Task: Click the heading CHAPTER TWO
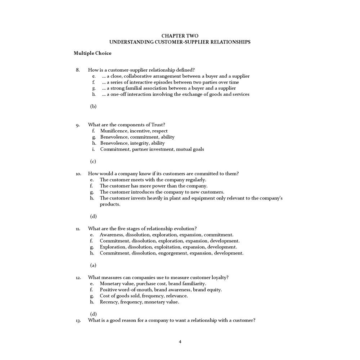(180, 36)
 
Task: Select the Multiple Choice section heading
(93, 53)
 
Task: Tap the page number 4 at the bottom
(180, 342)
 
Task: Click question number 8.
(78, 70)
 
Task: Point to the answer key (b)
(93, 106)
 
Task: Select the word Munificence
(114, 131)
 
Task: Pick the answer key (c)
(93, 161)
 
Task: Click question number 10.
(78, 174)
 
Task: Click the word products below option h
(109, 204)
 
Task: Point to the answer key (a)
(93, 265)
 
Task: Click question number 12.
(78, 278)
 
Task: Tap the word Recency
(109, 302)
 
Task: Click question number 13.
(78, 320)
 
